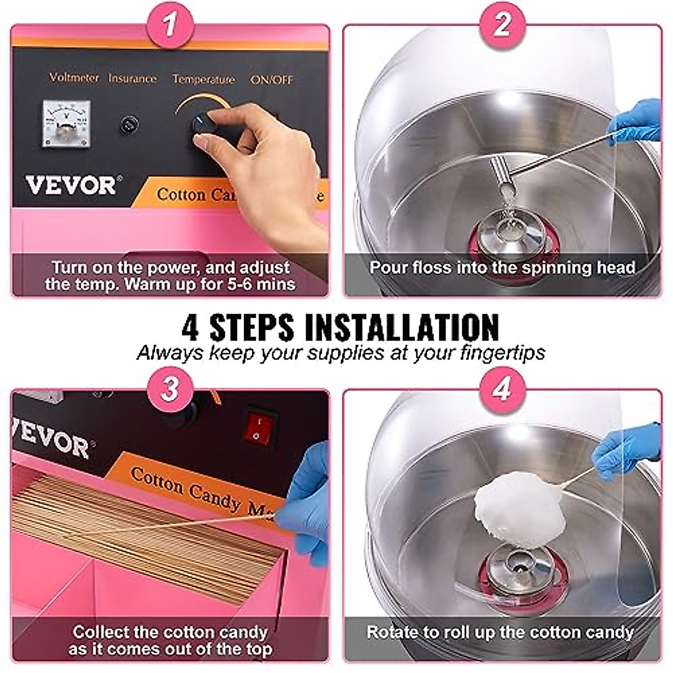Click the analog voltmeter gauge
[x=66, y=124]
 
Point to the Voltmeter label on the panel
[x=74, y=77]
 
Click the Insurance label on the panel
[x=132, y=79]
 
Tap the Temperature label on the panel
[x=204, y=79]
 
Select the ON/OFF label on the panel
[x=271, y=80]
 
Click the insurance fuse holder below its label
[x=130, y=125]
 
